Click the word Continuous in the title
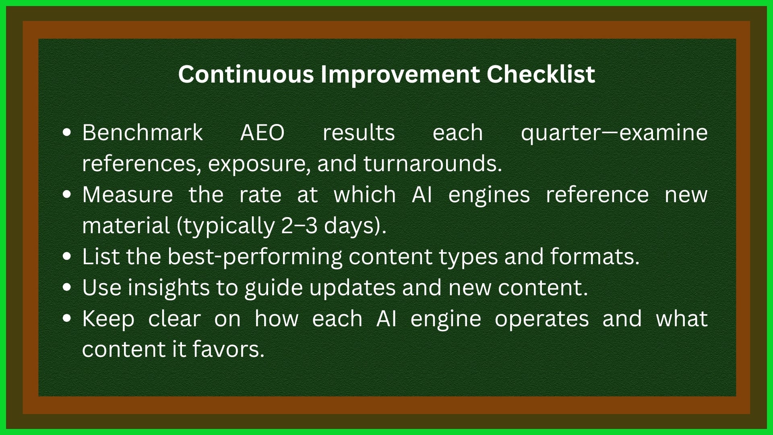pos(246,75)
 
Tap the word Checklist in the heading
pos(540,75)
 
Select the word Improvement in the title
pos(400,75)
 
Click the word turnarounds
pos(432,164)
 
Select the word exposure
pos(259,164)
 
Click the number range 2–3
pos(299,226)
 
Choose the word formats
pos(594,257)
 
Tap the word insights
pos(169,288)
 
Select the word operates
pos(542,319)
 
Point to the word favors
pos(228,350)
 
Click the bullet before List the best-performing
pos(67,257)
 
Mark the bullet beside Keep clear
pos(67,319)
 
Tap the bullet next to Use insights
pos(67,288)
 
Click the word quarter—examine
pos(614,133)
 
